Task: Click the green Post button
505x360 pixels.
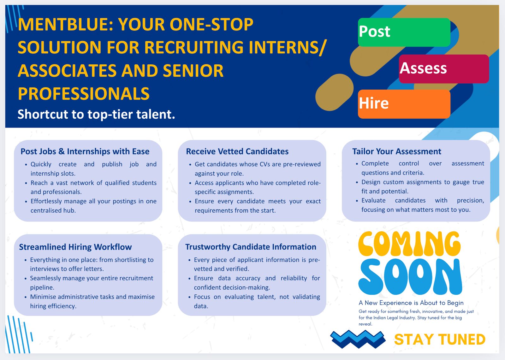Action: (x=404, y=32)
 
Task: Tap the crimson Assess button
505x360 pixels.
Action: (x=444, y=69)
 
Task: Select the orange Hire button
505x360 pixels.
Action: (x=404, y=104)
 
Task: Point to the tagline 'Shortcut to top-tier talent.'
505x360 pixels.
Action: (x=96, y=114)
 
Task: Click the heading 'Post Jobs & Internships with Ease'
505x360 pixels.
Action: (x=85, y=151)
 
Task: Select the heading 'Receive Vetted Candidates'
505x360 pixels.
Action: (x=237, y=151)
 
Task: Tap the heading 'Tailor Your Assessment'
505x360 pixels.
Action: (x=396, y=151)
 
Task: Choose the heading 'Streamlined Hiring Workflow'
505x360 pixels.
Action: (x=75, y=247)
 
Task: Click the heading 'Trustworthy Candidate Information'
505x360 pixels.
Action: (x=251, y=247)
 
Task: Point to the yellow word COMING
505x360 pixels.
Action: (x=409, y=244)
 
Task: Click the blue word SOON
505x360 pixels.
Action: (x=410, y=276)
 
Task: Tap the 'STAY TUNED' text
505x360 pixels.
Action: (x=440, y=339)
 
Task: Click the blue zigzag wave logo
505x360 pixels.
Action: (x=358, y=339)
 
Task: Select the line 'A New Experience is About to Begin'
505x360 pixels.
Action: (x=411, y=303)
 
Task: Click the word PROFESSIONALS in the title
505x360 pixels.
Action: (x=84, y=94)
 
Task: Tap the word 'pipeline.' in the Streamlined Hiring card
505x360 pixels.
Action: (x=42, y=288)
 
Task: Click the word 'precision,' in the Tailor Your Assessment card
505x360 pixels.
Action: (x=471, y=201)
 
